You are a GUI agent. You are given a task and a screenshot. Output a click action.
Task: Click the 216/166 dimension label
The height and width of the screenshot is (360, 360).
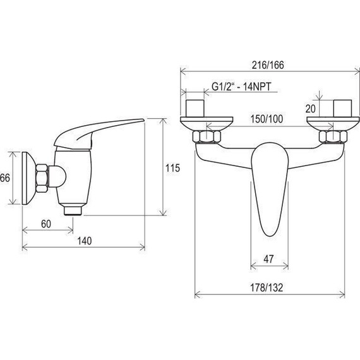[268, 65]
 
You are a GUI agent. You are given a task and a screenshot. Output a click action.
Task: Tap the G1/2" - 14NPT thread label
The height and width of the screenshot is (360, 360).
[241, 87]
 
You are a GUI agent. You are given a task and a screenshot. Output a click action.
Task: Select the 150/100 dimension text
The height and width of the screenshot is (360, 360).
[267, 119]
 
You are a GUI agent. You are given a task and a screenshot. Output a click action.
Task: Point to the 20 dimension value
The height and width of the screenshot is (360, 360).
[310, 109]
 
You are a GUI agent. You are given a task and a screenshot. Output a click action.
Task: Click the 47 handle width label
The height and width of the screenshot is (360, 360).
[268, 259]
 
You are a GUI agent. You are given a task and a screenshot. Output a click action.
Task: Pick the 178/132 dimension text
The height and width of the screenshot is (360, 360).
[267, 287]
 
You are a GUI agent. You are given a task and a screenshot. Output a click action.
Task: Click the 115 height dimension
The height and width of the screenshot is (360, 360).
[172, 168]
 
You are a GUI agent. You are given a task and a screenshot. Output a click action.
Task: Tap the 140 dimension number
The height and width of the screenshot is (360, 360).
[84, 241]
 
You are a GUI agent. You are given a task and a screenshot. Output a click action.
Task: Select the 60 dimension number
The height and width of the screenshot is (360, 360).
[46, 224]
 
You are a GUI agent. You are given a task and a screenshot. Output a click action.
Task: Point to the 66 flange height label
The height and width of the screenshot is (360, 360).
[4, 178]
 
